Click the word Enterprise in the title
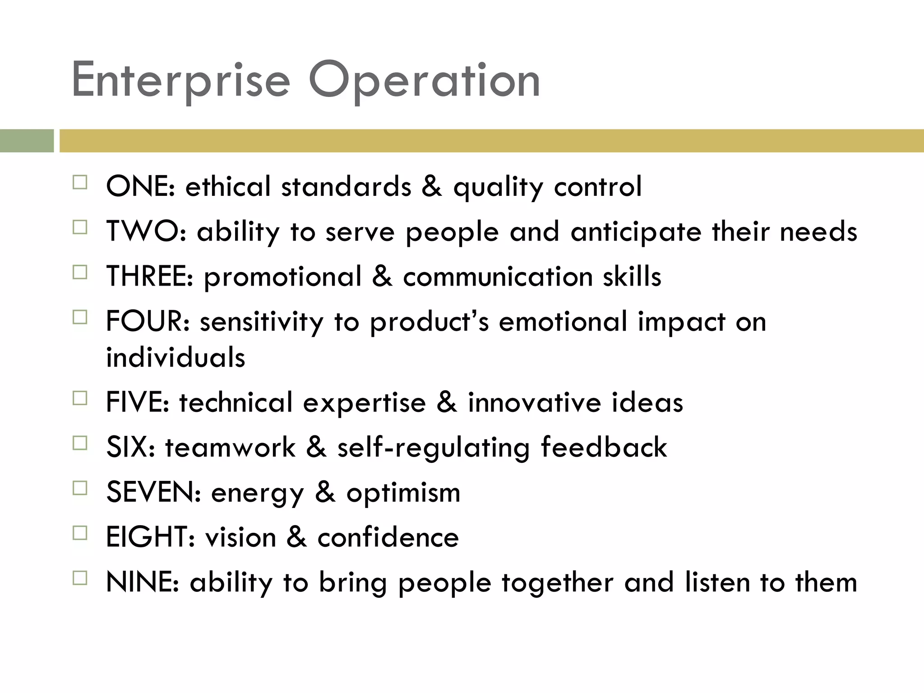(x=180, y=80)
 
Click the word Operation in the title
(x=424, y=80)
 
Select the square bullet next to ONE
(x=80, y=182)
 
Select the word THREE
(x=149, y=276)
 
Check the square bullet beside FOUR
(x=80, y=317)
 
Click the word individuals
(x=176, y=357)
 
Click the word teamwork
(x=230, y=447)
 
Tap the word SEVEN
(x=153, y=492)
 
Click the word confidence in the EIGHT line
(x=388, y=537)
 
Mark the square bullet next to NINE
(x=80, y=578)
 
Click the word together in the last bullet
(x=557, y=583)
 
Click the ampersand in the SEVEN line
(x=325, y=492)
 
